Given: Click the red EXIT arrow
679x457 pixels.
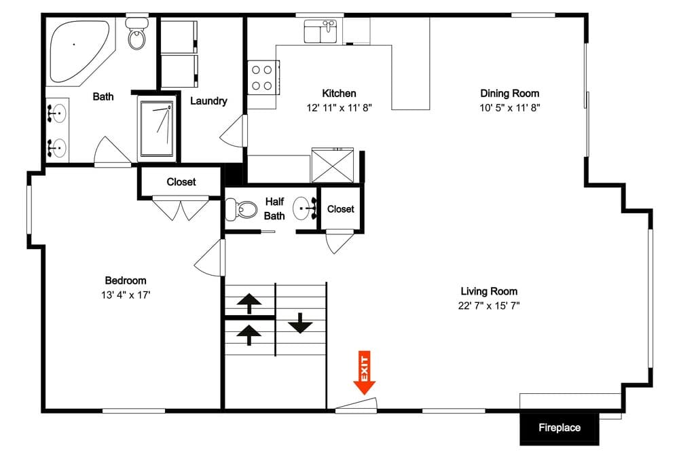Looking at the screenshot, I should (365, 375).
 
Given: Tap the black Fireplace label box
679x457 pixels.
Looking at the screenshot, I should (559, 428).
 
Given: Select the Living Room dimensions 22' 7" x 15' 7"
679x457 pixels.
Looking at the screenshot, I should (489, 306).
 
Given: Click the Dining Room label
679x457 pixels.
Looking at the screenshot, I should (510, 93).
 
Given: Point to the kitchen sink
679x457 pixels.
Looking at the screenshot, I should (320, 31).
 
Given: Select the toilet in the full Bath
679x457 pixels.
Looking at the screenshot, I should (137, 37).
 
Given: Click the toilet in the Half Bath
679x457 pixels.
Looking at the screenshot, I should (234, 208).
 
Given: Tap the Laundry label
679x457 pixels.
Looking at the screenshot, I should (208, 101).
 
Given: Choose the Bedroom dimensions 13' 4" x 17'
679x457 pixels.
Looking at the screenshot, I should (125, 295).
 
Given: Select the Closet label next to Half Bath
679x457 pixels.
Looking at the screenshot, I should (340, 209).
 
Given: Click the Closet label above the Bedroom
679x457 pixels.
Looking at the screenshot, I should (181, 182).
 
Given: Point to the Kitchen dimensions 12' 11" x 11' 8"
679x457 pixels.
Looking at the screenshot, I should (338, 107).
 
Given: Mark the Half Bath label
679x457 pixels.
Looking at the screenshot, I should (274, 209).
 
